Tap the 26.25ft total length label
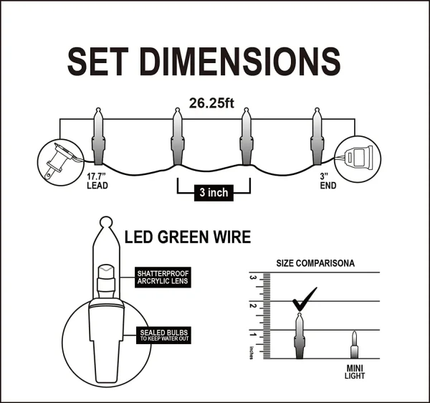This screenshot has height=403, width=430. (211, 103)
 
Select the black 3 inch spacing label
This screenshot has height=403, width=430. (213, 193)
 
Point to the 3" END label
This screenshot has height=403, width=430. (327, 179)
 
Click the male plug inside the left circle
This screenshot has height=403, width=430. (57, 158)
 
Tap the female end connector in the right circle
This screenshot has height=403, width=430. (360, 156)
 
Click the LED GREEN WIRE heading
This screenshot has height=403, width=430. (188, 237)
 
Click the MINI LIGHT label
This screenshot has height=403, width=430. (354, 372)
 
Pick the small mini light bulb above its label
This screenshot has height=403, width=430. (353, 345)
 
